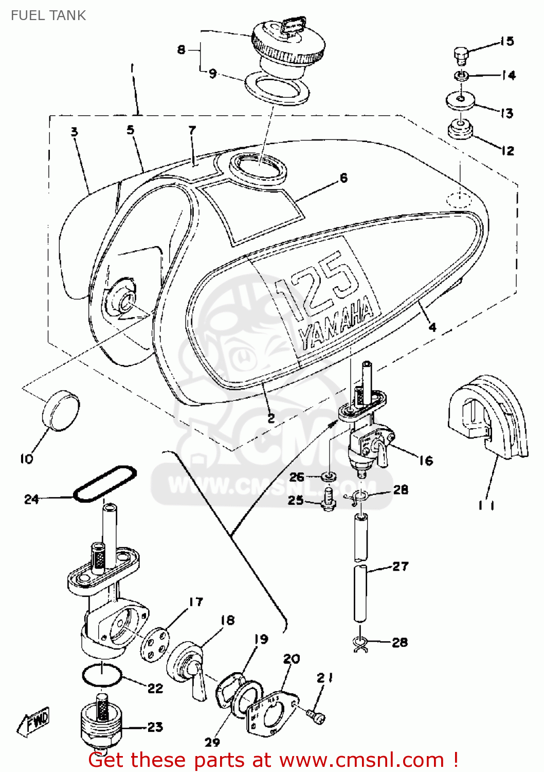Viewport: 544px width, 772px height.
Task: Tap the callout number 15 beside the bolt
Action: (507, 41)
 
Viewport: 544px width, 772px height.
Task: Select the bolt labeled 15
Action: (461, 55)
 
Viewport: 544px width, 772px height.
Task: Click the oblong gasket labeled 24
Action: (104, 484)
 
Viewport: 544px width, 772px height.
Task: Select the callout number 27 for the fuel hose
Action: (400, 566)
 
